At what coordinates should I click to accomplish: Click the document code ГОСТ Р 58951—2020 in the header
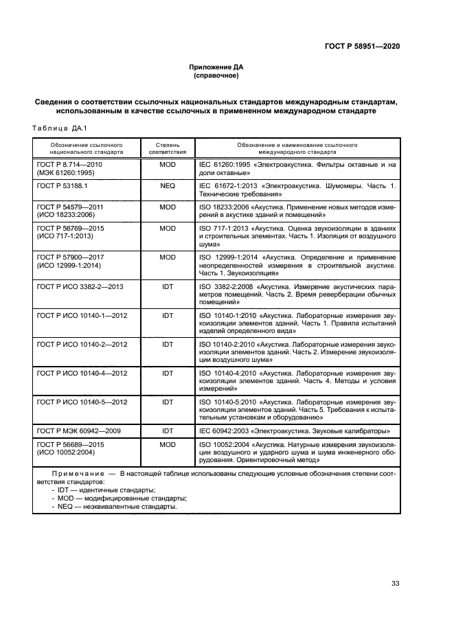click(362, 46)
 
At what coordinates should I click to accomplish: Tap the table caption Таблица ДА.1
click(57, 128)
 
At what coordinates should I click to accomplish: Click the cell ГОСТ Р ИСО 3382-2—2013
click(80, 286)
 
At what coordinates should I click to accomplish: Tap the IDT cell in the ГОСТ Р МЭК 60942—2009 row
click(167, 431)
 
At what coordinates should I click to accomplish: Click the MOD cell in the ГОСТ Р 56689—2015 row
click(167, 445)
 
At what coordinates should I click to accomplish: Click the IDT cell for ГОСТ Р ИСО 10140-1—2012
click(167, 315)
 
